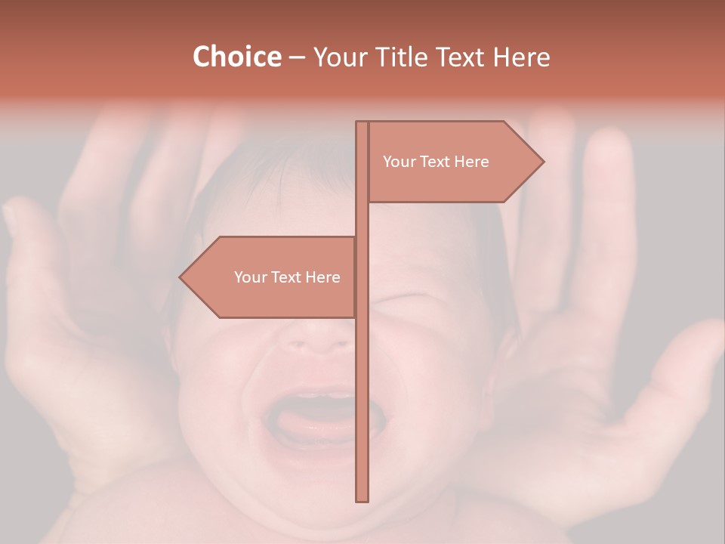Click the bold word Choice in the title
coord(236,57)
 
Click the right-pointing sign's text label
coord(436,162)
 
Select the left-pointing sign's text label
coord(287,277)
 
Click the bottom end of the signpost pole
coord(362,499)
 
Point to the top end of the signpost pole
coord(362,124)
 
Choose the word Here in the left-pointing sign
coord(322,277)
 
